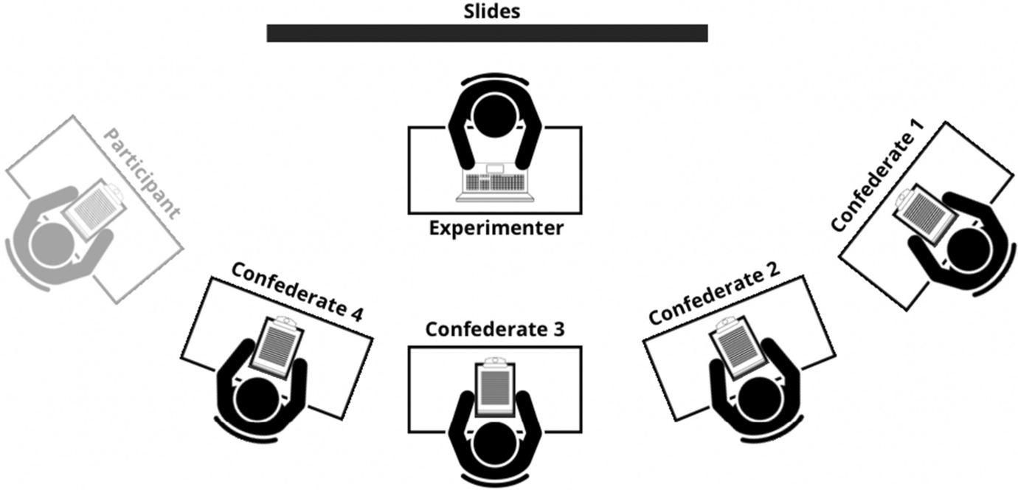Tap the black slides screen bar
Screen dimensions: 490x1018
tap(487, 33)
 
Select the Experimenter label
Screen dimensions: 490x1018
tap(496, 227)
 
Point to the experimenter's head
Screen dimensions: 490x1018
tap(495, 117)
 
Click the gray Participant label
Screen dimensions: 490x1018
tap(142, 174)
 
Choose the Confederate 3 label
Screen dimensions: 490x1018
tap(495, 329)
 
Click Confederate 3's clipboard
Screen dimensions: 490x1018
tap(495, 387)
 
